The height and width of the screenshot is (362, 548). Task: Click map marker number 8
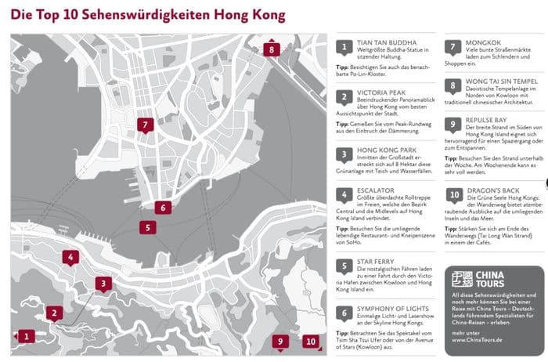pyautogui.click(x=272, y=50)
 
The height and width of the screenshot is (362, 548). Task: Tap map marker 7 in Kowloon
pyautogui.click(x=144, y=124)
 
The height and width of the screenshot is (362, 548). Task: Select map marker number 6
pyautogui.click(x=161, y=208)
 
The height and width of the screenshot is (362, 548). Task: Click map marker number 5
pyautogui.click(x=147, y=227)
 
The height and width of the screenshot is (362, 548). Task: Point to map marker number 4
pyautogui.click(x=70, y=257)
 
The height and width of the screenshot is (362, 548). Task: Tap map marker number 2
pyautogui.click(x=53, y=313)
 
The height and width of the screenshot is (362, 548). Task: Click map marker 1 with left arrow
pyautogui.click(x=27, y=336)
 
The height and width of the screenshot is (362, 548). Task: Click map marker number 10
pyautogui.click(x=311, y=341)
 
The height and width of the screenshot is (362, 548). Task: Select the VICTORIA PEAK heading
pyautogui.click(x=381, y=92)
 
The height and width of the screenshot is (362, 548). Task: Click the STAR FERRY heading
pyautogui.click(x=377, y=261)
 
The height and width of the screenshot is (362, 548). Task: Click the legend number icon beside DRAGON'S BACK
pyautogui.click(x=454, y=195)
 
